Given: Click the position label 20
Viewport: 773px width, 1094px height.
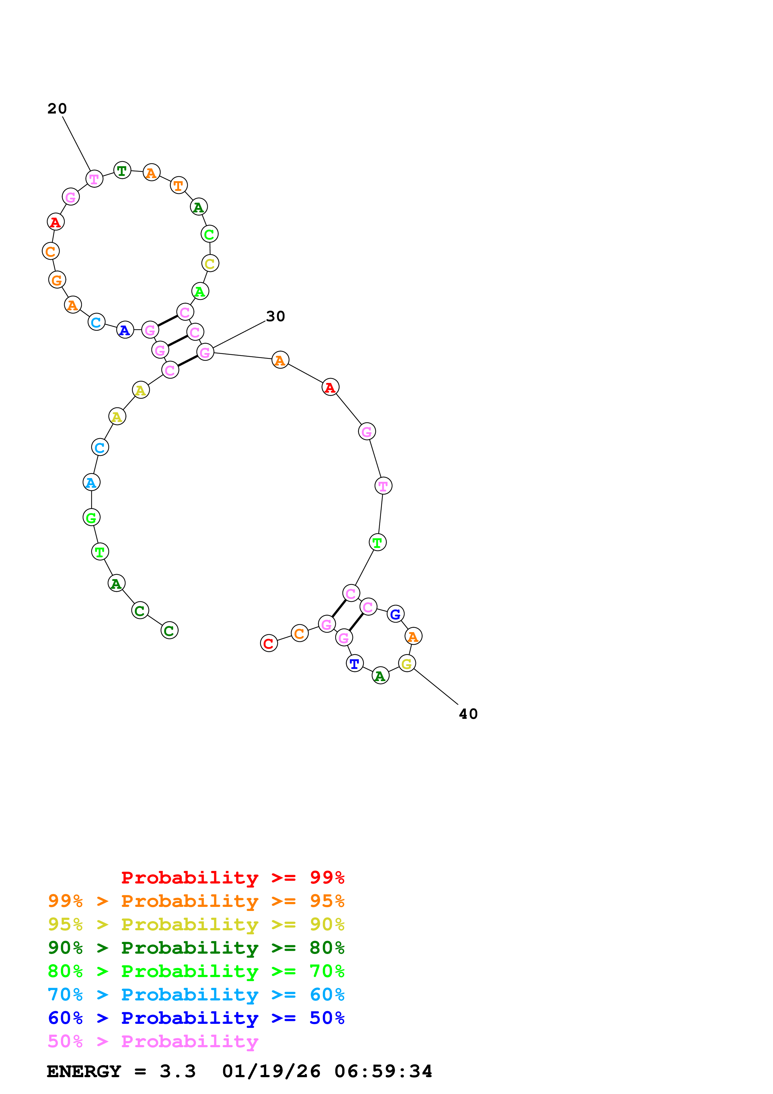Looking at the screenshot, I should click(x=57, y=109).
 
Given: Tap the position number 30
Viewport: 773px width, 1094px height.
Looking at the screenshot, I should click(x=275, y=317).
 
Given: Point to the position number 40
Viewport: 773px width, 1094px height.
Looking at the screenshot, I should click(x=468, y=714).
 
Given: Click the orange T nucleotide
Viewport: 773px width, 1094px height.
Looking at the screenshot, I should click(x=179, y=185).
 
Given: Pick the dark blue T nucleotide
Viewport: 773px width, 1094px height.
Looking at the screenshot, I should click(x=354, y=663).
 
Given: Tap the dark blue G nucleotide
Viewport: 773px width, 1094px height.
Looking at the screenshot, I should click(x=395, y=614).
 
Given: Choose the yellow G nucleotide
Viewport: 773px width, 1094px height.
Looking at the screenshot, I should click(x=407, y=663).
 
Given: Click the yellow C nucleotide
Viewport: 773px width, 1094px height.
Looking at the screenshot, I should click(x=210, y=264).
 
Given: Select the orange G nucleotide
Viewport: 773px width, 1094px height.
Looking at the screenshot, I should click(x=57, y=280).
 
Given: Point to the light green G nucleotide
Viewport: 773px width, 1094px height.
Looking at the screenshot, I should click(x=91, y=517).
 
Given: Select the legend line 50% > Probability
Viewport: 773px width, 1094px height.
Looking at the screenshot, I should click(x=153, y=1041).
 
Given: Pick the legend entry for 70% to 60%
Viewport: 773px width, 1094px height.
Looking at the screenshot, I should click(x=196, y=995).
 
